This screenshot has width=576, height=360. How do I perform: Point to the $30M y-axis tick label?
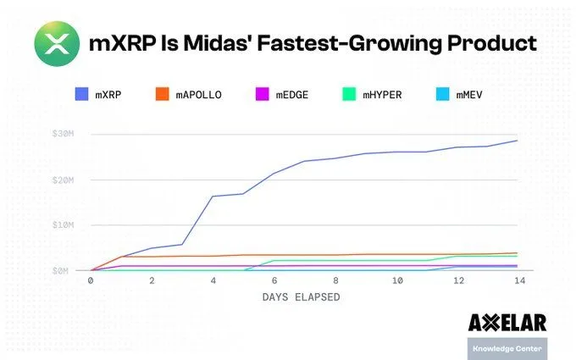coord(66,134)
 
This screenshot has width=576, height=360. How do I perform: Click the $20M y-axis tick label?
coord(66,180)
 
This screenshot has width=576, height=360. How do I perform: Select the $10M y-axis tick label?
coord(66,225)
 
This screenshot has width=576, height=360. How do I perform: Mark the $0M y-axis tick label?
coord(68,270)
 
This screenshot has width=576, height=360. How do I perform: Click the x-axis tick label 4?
coord(213,280)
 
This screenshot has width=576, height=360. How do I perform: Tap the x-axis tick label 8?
coord(335,280)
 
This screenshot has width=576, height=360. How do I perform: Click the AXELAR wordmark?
coord(507,323)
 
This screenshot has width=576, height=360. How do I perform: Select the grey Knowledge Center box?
coord(507,348)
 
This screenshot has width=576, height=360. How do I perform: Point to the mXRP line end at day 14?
coord(518,141)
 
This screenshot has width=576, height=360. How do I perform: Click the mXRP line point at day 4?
coord(213,197)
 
